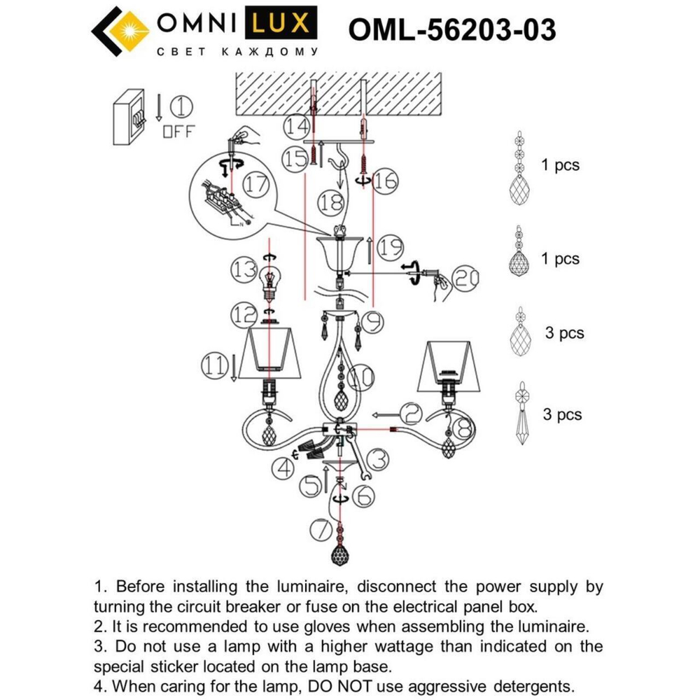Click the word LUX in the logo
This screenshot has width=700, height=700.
click(x=278, y=24)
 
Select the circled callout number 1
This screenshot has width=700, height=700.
click(x=181, y=107)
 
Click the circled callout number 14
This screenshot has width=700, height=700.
click(x=296, y=127)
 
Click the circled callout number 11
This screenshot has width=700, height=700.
click(x=214, y=364)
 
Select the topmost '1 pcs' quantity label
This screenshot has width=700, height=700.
click(x=560, y=166)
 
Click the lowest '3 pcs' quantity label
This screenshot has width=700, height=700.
click(x=562, y=414)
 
